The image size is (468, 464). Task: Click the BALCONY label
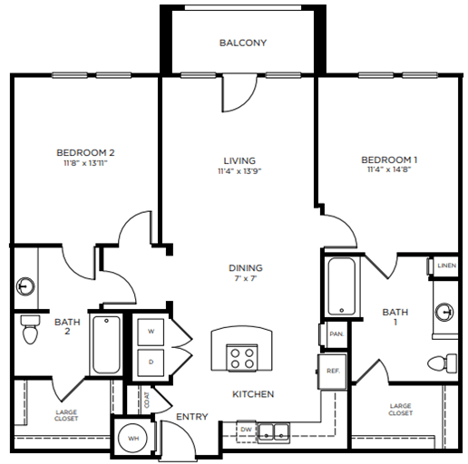[242, 43]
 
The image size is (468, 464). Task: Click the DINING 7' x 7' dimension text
[245, 280]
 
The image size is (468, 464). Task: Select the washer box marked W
[152, 331]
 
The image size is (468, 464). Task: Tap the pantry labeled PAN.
[336, 333]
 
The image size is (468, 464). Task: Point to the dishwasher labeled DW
[247, 429]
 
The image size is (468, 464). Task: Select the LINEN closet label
[446, 266]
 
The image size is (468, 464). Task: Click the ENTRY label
[192, 418]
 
